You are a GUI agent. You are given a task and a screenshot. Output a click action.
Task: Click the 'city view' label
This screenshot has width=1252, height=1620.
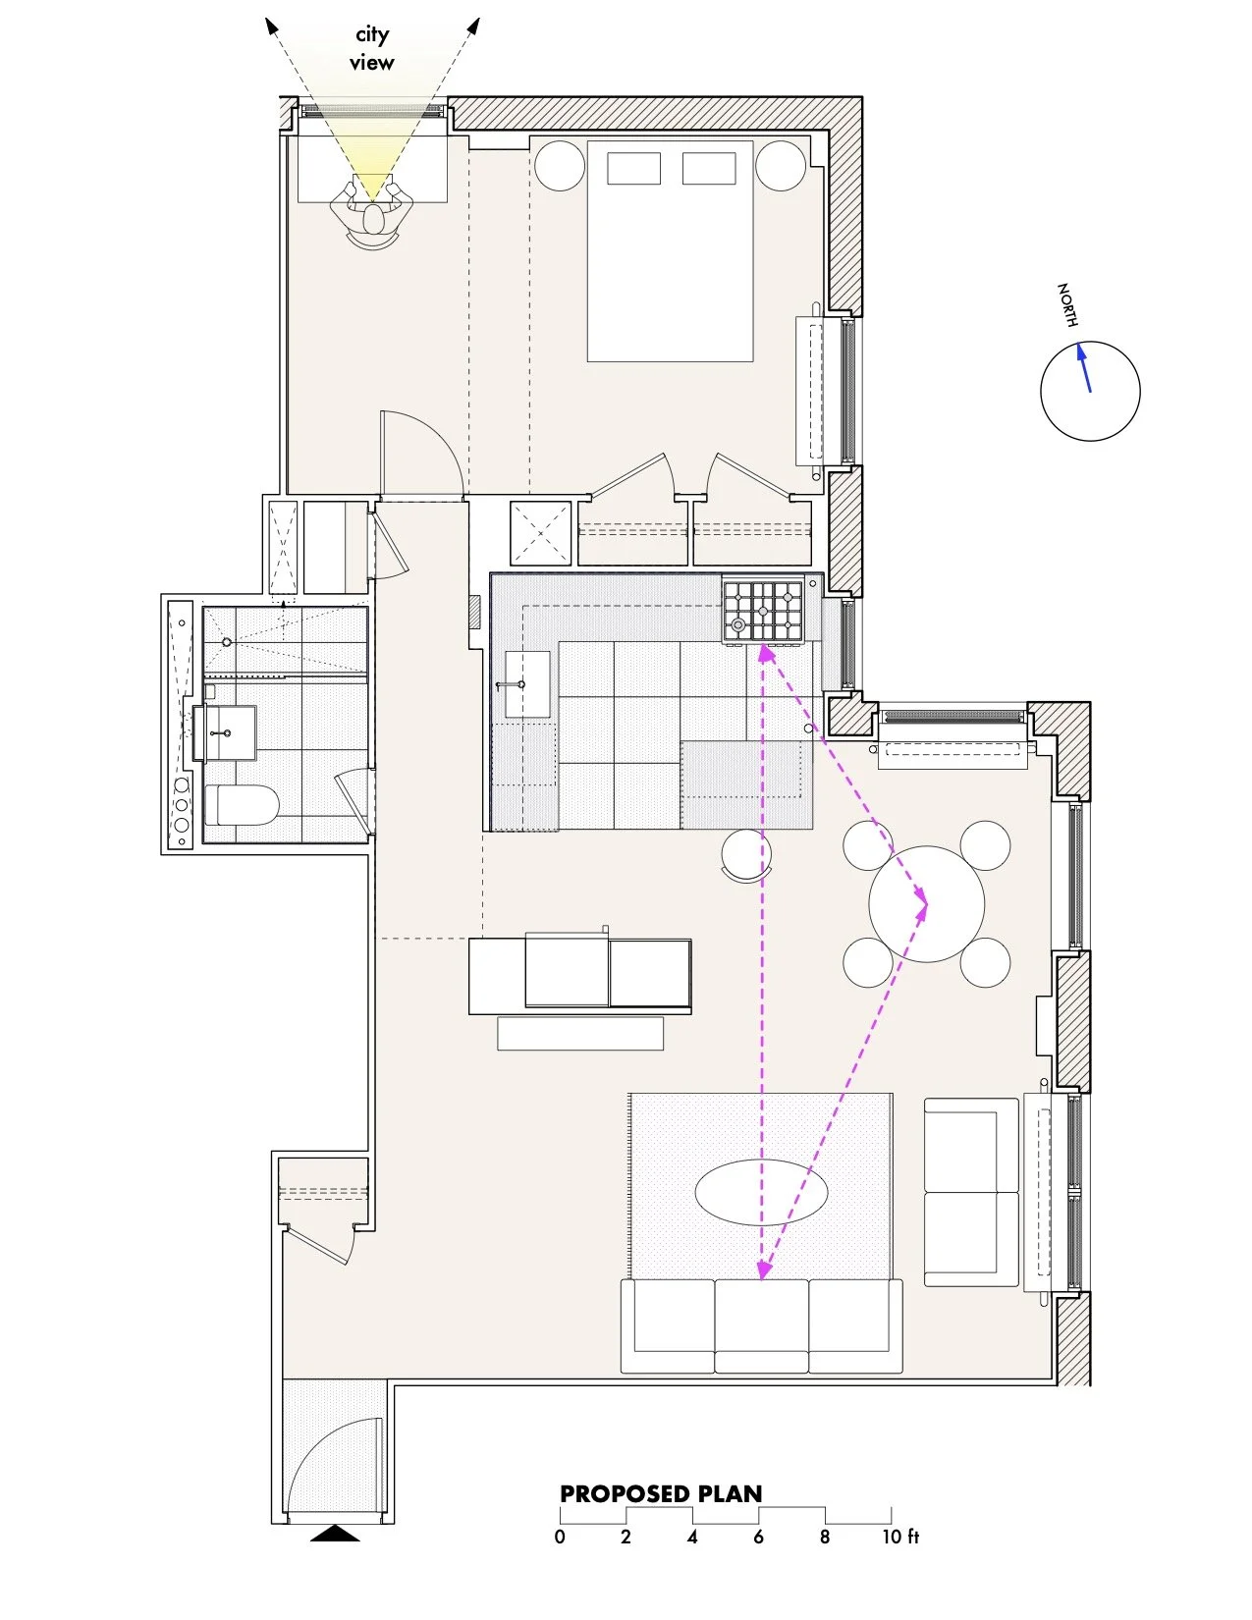tap(372, 48)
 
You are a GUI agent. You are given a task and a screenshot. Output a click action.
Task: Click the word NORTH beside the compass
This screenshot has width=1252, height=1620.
tap(1067, 304)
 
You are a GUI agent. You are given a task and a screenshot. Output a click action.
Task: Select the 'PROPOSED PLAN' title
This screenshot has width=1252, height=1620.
tap(661, 1494)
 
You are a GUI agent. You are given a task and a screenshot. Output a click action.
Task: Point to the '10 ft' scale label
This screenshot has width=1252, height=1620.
tap(899, 1537)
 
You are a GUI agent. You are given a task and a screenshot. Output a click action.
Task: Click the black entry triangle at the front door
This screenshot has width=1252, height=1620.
tap(335, 1533)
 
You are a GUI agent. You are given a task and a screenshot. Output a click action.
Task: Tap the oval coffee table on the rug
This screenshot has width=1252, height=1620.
tap(761, 1192)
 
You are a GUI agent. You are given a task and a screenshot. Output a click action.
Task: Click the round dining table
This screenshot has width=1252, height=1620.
tap(926, 904)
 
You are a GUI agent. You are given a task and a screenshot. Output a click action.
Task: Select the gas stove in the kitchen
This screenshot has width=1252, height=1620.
tap(763, 611)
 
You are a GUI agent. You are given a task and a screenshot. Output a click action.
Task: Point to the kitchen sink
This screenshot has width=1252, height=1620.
tap(526, 684)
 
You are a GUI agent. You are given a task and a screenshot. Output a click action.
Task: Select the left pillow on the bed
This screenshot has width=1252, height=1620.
tap(633, 168)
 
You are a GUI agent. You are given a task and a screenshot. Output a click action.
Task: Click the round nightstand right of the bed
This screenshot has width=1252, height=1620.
tap(781, 166)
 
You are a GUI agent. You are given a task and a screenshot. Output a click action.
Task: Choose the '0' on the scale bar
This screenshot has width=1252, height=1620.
tap(560, 1537)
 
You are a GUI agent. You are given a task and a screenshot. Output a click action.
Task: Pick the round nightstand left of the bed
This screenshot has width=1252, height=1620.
tap(560, 166)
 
